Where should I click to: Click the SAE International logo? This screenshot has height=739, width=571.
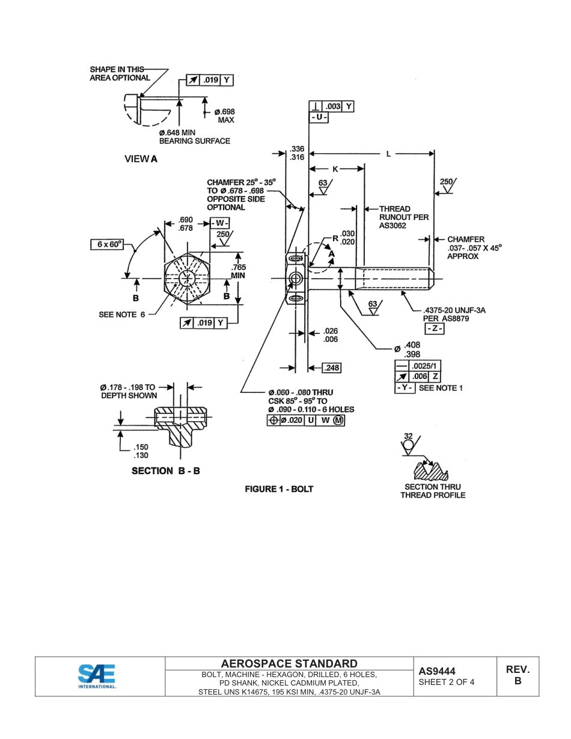[97, 676]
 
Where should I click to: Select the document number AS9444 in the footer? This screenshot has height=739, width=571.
[437, 671]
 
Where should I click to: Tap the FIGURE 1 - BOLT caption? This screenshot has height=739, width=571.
[279, 489]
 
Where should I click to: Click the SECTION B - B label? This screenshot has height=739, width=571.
[166, 471]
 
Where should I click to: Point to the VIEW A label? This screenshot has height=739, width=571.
[141, 159]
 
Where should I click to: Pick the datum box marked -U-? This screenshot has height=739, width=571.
[319, 118]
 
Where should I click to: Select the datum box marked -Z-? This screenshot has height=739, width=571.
[434, 329]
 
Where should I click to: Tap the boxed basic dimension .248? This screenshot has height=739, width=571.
[332, 368]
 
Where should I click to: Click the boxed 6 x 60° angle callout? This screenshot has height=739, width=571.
[107, 245]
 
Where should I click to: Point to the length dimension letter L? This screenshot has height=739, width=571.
[388, 154]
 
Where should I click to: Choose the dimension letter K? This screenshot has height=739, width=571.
[335, 169]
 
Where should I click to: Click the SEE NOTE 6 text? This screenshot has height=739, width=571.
[122, 315]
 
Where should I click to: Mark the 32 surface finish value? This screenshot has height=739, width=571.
[408, 436]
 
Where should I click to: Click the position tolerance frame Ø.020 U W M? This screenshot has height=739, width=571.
[306, 421]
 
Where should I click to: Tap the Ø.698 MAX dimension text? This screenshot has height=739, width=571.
[225, 116]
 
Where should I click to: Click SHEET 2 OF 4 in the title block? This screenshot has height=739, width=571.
[446, 682]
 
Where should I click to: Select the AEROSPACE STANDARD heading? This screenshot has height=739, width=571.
[289, 663]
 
